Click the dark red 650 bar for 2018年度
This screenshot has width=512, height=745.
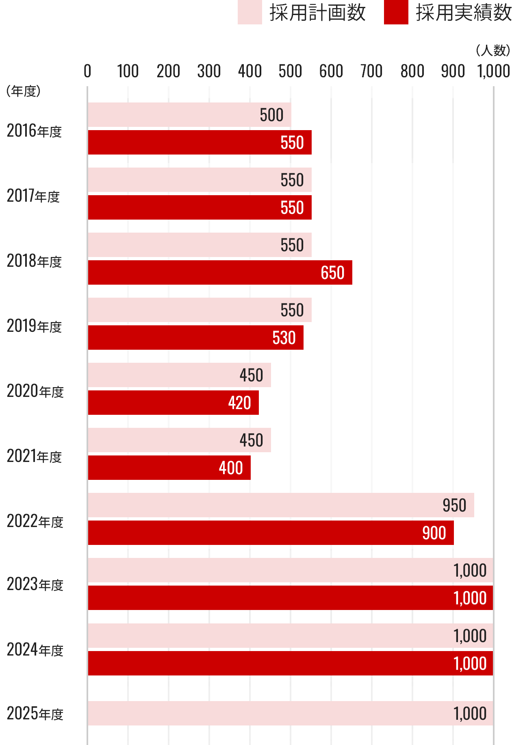219,272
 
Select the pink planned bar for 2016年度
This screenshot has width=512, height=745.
189,115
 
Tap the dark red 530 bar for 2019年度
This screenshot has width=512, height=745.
195,338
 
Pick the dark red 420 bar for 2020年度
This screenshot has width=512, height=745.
173,403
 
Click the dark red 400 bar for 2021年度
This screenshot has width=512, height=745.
169,468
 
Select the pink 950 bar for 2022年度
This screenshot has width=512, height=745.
280,505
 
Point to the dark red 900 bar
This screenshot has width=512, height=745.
270,533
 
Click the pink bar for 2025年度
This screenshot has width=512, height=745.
291,713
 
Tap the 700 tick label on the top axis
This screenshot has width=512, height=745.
371,71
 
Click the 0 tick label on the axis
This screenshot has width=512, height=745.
87,71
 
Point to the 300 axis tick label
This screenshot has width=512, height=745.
209,71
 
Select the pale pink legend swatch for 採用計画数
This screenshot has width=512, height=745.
249,13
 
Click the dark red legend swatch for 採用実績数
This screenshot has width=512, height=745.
396,13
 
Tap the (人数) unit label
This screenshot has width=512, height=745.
492,50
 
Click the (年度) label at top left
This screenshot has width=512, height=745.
24,91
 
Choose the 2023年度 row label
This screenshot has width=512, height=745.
35,584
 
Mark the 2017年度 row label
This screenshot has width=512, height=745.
33,196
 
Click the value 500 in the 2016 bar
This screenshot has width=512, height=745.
271,115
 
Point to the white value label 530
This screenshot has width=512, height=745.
284,338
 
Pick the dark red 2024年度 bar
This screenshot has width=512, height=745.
291,663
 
